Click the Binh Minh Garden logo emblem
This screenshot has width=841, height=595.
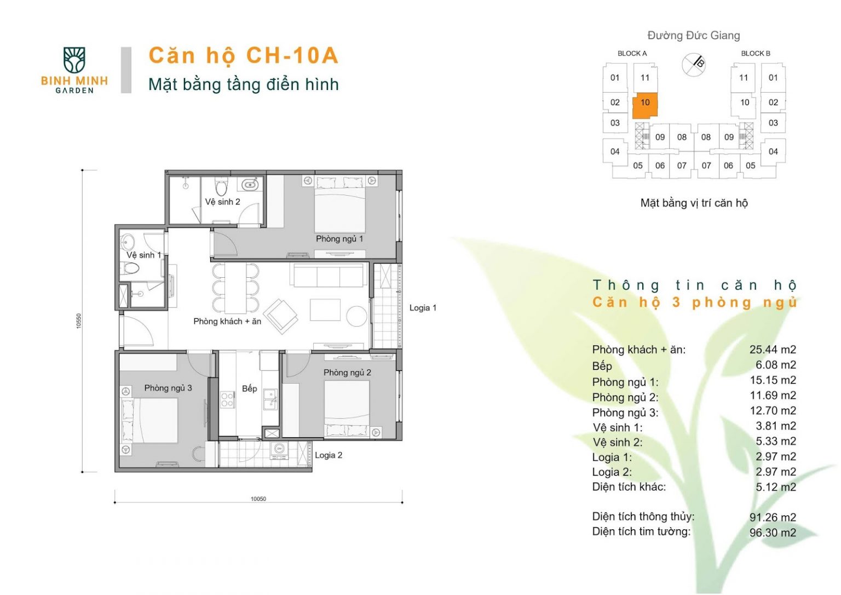[74, 60]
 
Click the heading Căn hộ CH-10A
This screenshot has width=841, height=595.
[244, 55]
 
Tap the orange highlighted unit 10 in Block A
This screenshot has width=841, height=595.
[644, 106]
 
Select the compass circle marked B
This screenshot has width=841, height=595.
[694, 64]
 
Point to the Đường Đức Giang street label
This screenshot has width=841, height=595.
[694, 36]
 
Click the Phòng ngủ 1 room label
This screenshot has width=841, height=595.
[339, 239]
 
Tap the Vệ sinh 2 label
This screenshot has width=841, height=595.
[222, 202]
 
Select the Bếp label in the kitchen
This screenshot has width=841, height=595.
[249, 389]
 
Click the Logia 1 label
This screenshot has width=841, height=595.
[423, 308]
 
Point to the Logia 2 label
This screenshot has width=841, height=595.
[329, 455]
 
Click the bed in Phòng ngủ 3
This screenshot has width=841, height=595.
[149, 421]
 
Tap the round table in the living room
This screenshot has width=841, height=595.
[356, 316]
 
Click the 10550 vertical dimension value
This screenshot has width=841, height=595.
[78, 321]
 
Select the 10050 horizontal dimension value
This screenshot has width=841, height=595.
[258, 499]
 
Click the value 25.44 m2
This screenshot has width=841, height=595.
[773, 350]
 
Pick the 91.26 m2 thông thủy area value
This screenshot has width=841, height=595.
[773, 517]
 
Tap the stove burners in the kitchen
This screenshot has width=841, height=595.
[228, 399]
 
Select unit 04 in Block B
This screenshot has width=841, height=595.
[773, 152]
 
